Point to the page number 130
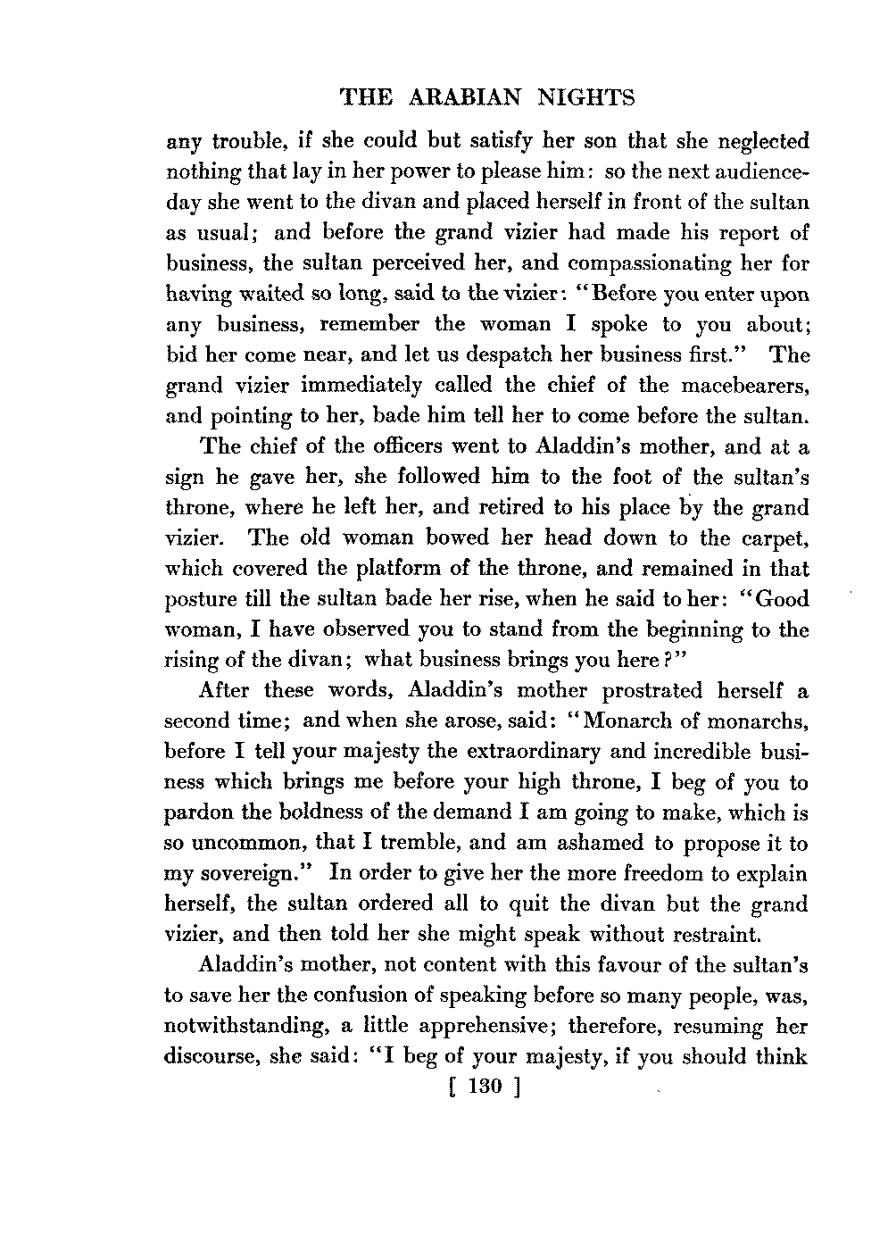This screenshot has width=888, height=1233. point(485,1087)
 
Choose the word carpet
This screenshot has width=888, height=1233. point(776,537)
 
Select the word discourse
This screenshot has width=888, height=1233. point(210,1057)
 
